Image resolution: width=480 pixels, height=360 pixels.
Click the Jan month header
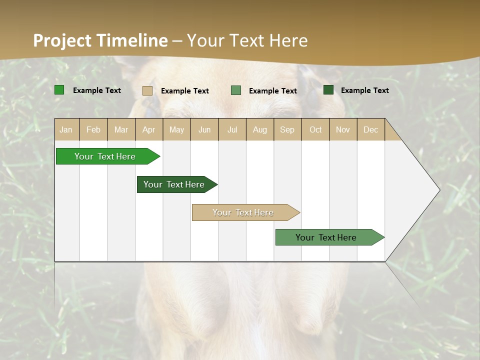pyautogui.click(x=66, y=129)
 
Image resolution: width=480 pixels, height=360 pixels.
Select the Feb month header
pyautogui.click(x=93, y=129)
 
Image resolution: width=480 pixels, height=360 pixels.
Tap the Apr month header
pyautogui.click(x=149, y=129)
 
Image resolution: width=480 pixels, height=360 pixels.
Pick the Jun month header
pyautogui.click(x=204, y=129)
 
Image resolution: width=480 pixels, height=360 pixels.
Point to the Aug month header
pyautogui.click(x=260, y=129)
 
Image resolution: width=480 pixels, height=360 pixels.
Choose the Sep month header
pyautogui.click(x=287, y=129)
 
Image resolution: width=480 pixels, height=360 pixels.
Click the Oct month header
pyautogui.click(x=315, y=129)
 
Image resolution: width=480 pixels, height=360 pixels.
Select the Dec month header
pyautogui.click(x=371, y=129)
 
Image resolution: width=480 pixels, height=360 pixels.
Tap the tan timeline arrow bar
pyautogui.click(x=243, y=212)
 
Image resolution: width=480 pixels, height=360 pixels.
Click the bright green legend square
pyautogui.click(x=59, y=90)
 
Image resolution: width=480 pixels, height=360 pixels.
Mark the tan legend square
pyautogui.click(x=147, y=90)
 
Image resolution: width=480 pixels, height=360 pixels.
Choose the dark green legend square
pyautogui.click(x=328, y=90)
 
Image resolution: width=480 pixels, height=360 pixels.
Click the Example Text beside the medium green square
pyautogui.click(x=273, y=91)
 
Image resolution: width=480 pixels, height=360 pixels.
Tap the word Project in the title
pyautogui.click(x=62, y=40)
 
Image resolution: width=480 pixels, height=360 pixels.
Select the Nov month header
pyautogui.click(x=343, y=129)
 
